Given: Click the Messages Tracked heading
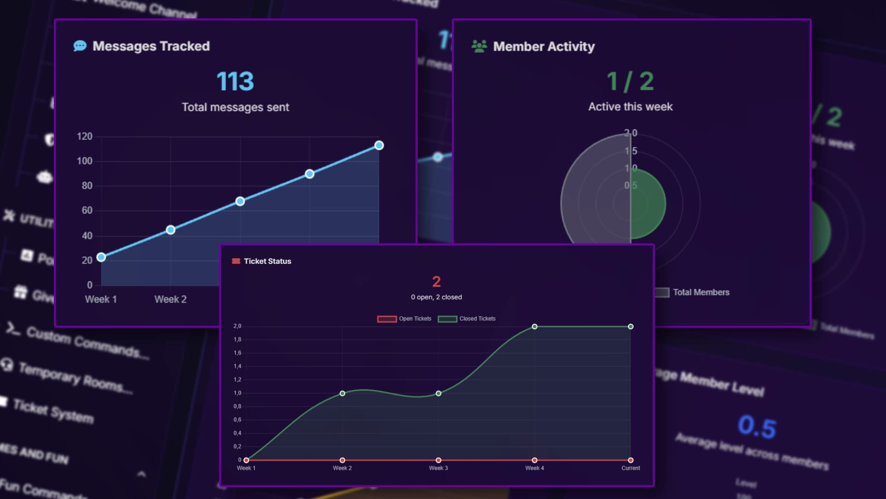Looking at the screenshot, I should point(151,46).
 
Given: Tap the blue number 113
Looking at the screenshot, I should point(235,81).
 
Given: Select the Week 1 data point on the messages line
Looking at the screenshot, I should point(101,257).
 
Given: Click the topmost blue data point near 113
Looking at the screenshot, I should point(379,146).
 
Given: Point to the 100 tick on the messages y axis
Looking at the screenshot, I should point(84,161).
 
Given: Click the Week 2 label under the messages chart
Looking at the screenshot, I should point(170,299).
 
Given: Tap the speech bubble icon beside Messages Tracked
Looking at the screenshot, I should point(80,46).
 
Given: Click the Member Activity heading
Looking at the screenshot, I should point(544,47).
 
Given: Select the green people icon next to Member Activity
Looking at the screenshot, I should point(479,46).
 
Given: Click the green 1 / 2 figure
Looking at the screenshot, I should point(630,81).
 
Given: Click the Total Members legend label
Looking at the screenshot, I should point(700,292).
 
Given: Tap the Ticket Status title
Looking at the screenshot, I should point(267,262).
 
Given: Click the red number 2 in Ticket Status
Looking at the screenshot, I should point(436,281).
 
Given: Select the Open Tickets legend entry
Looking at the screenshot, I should point(405,319).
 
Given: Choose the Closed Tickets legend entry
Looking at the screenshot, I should point(467,319).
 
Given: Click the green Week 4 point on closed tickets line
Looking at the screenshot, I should point(534,327).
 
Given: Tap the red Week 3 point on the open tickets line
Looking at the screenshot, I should point(438,460).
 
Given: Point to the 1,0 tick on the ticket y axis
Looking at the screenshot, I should point(237,393).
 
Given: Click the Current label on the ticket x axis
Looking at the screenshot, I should point(630,468).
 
